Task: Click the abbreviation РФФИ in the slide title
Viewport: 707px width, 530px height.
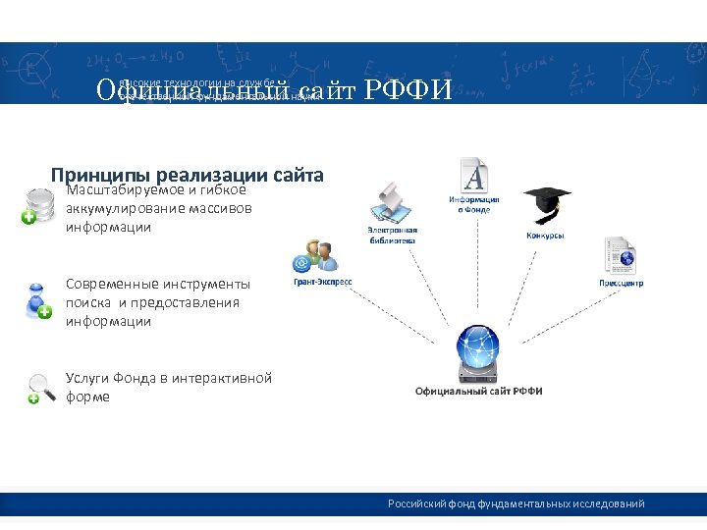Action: [408, 91]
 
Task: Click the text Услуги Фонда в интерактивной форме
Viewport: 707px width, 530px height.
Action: [168, 387]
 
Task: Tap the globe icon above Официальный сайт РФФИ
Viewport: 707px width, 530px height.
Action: [478, 355]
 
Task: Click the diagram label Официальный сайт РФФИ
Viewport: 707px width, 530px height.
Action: [478, 391]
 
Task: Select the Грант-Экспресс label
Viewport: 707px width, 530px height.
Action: [322, 282]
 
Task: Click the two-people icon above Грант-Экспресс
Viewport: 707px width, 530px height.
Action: [315, 256]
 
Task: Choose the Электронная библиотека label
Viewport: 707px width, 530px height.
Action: [393, 235]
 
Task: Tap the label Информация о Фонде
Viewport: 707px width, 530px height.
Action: [474, 203]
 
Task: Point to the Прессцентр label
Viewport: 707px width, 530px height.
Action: [621, 284]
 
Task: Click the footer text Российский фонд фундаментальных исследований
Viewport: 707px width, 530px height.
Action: [516, 503]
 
